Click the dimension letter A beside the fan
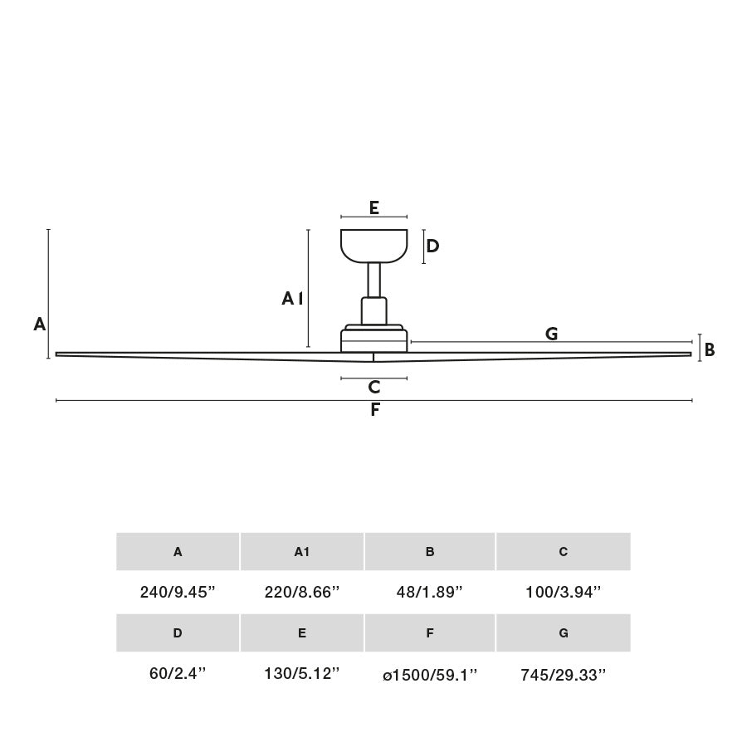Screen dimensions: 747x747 tap(39, 325)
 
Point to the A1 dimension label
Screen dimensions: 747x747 tap(292, 299)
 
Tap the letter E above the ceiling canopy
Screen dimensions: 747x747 tap(374, 207)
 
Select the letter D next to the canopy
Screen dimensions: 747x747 tap(432, 247)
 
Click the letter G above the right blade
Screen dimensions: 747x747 tap(551, 334)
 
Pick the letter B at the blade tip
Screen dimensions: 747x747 tap(710, 350)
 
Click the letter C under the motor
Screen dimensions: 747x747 tap(374, 387)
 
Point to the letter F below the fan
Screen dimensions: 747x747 tap(375, 410)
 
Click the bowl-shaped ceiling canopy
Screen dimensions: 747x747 tap(374, 245)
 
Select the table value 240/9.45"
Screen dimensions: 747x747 tap(178, 593)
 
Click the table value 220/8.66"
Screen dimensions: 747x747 tap(302, 593)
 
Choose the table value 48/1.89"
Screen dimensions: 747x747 tap(430, 593)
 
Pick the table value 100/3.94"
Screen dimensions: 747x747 tap(564, 593)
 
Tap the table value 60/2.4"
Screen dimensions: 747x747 tap(178, 674)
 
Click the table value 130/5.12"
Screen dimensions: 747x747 tap(302, 674)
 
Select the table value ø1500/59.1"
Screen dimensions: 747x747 tap(430, 675)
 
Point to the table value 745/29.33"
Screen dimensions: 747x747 tap(564, 675)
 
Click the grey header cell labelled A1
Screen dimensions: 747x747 tap(302, 552)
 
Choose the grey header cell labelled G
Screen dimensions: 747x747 tap(564, 633)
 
